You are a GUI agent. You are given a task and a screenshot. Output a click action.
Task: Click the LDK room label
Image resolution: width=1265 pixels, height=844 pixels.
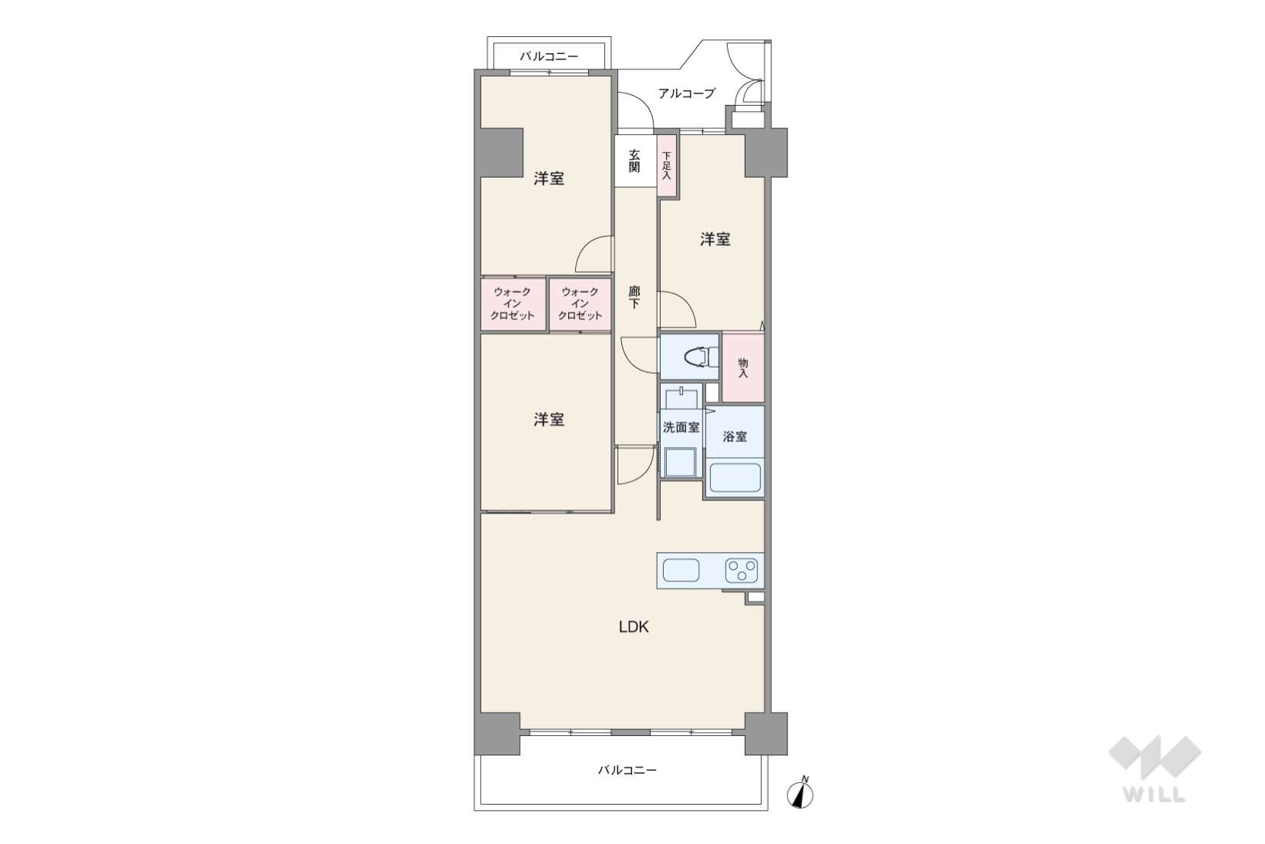[634, 626]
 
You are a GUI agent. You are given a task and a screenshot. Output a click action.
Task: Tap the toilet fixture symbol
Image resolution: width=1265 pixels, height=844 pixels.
[701, 357]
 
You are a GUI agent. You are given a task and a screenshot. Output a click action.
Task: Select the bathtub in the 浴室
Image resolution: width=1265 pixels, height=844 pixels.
[735, 478]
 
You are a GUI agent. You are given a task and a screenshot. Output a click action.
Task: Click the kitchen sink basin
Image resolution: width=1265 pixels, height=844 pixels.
[681, 570]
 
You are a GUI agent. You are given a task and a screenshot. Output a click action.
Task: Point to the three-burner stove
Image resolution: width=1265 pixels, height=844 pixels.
[742, 570]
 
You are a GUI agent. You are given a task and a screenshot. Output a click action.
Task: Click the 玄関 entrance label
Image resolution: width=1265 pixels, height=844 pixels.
[634, 161]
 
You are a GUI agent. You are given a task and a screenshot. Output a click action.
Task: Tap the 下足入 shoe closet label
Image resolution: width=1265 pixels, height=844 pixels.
[667, 165]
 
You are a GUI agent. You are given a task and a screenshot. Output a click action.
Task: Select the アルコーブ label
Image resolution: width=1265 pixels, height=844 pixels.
[687, 93]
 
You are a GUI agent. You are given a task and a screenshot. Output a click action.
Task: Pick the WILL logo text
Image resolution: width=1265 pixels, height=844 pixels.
[1155, 794]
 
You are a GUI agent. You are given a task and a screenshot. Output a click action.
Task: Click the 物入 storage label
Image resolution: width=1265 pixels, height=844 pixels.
[742, 368]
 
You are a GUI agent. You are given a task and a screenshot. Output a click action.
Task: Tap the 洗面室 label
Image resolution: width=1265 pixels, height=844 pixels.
[681, 428]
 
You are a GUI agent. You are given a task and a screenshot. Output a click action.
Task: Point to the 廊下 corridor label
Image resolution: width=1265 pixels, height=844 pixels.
[634, 298]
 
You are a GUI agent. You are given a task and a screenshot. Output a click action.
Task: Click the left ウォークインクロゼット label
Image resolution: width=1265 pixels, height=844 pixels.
[512, 304]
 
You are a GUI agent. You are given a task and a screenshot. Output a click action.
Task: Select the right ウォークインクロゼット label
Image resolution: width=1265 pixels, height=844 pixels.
[580, 304]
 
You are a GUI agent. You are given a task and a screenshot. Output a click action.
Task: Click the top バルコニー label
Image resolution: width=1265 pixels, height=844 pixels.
[549, 56]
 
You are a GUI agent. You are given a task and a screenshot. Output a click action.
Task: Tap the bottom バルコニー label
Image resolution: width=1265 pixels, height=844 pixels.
[627, 770]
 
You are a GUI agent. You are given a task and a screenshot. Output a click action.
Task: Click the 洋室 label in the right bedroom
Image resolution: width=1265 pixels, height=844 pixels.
[715, 239]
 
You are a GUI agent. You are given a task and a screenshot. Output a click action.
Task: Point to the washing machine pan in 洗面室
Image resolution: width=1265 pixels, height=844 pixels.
[680, 463]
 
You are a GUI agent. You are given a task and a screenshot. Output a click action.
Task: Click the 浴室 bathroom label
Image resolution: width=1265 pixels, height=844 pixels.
[735, 436]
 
